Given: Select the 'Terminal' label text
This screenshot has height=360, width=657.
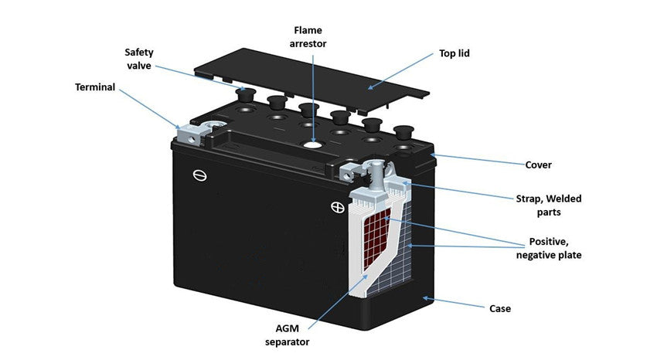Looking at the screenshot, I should (x=95, y=87).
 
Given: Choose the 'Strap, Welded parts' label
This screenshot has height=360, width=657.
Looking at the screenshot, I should (x=550, y=205).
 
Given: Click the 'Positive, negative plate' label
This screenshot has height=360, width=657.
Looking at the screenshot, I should (x=554, y=247).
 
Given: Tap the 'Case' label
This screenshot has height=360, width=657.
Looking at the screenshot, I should (x=500, y=309).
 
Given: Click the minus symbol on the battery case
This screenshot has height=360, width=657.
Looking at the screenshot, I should (x=199, y=176).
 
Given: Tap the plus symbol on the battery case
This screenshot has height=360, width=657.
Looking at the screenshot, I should (x=336, y=207).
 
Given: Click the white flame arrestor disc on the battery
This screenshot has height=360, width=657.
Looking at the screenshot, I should (x=312, y=143).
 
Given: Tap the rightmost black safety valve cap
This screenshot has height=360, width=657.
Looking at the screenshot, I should (x=402, y=130).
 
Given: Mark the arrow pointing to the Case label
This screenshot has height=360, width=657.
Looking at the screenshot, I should (x=456, y=303).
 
